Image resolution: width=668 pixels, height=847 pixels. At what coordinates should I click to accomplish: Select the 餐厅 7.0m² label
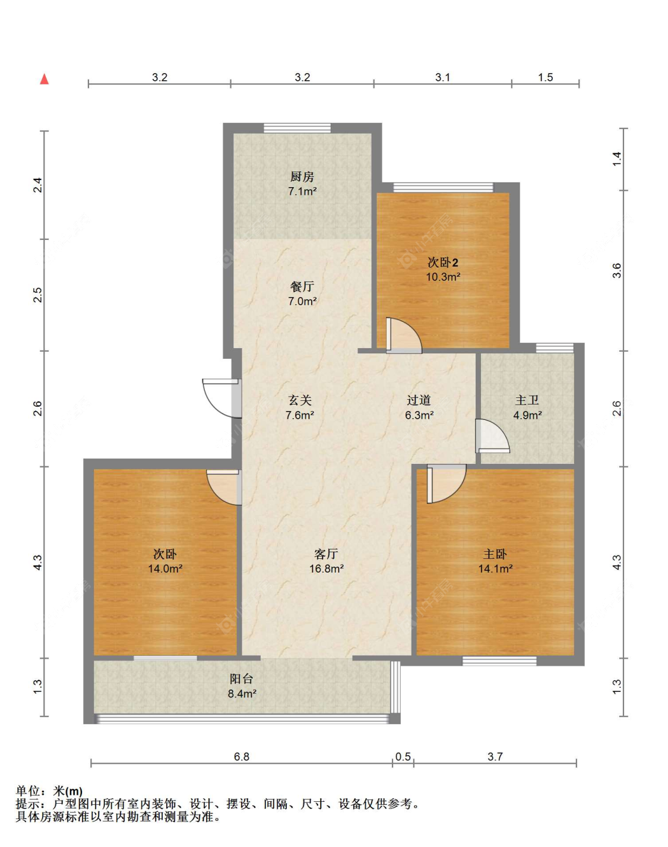pyautogui.click(x=302, y=293)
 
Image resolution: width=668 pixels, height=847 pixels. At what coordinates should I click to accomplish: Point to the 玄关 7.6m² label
pyautogui.click(x=300, y=407)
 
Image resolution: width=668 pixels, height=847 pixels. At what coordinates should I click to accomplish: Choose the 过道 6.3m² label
pyautogui.click(x=419, y=407)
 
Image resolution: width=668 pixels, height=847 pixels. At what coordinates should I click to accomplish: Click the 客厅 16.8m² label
pyautogui.click(x=327, y=561)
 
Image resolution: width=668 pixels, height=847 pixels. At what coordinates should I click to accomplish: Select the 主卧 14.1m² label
pyautogui.click(x=495, y=561)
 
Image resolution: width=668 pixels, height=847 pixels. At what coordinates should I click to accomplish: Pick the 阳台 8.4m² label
pyautogui.click(x=242, y=686)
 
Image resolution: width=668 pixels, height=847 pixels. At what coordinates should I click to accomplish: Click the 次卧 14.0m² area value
pyautogui.click(x=165, y=568)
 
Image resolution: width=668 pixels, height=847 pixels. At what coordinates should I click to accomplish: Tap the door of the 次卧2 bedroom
pyautogui.click(x=404, y=335)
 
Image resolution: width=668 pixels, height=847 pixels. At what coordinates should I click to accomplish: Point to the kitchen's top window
pyautogui.click(x=297, y=128)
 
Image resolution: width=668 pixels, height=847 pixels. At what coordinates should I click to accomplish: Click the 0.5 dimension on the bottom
pyautogui.click(x=403, y=757)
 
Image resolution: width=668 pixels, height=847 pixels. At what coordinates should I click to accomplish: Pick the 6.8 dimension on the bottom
pyautogui.click(x=242, y=757)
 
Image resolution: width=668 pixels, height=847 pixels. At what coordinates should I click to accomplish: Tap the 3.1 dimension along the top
pyautogui.click(x=442, y=77)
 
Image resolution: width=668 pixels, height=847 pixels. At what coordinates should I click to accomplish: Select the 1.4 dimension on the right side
pyautogui.click(x=616, y=159)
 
